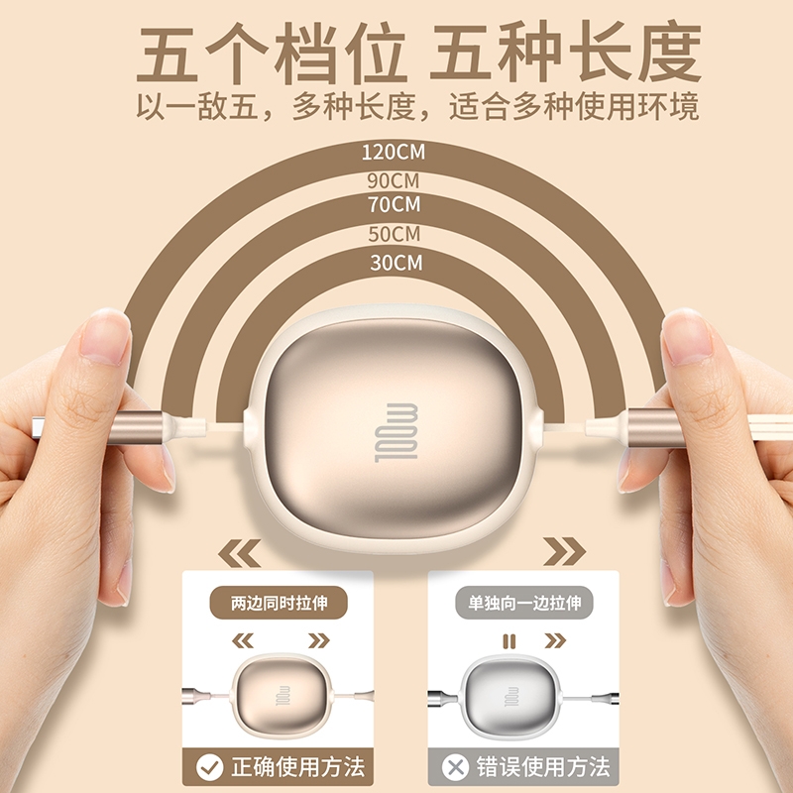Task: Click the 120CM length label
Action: [x=394, y=152]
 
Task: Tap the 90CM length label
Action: [x=394, y=180]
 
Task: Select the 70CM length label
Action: [x=394, y=204]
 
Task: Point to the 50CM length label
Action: [x=394, y=234]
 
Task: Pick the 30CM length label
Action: [x=396, y=263]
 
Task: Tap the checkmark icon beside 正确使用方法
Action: [x=209, y=767]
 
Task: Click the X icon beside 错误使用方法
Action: [x=455, y=767]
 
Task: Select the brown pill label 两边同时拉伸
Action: [x=279, y=603]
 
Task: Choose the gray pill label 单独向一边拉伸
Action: [x=524, y=603]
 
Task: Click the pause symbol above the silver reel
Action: [x=510, y=641]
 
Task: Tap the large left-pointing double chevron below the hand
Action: [x=240, y=553]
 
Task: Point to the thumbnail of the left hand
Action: [x=106, y=337]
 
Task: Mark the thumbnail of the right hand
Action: [x=686, y=338]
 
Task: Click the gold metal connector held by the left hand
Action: [x=137, y=427]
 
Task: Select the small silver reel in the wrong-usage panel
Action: [x=511, y=697]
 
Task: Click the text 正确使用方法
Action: [x=298, y=767]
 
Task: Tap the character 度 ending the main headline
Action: [x=670, y=52]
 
